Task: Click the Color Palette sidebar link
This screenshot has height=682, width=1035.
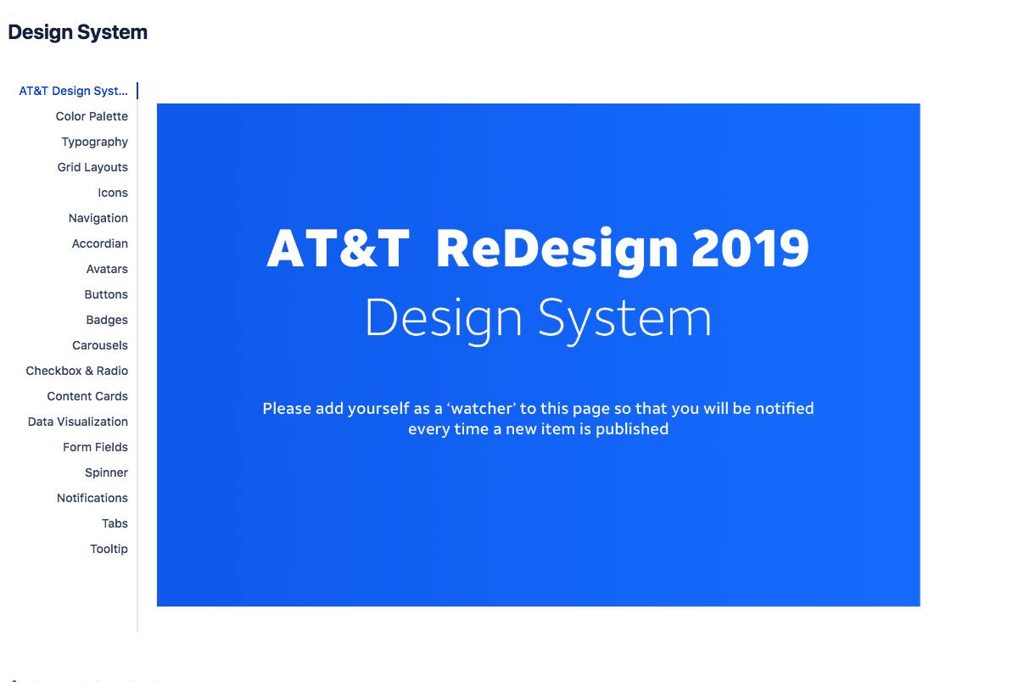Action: pyautogui.click(x=92, y=116)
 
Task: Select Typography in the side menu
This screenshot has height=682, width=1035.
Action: pyautogui.click(x=95, y=142)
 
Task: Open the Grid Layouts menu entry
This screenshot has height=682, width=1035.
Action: pyautogui.click(x=92, y=167)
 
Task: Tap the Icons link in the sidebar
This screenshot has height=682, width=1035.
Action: pyautogui.click(x=113, y=193)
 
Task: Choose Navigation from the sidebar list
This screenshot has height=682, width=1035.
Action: pyautogui.click(x=98, y=218)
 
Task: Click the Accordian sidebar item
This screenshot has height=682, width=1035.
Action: pyautogui.click(x=100, y=243)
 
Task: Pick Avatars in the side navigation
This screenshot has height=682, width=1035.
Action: pyautogui.click(x=107, y=269)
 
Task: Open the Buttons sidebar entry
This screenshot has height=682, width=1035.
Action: pyautogui.click(x=106, y=294)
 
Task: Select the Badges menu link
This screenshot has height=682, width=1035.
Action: pyautogui.click(x=107, y=320)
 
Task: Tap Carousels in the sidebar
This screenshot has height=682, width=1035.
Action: pyautogui.click(x=100, y=345)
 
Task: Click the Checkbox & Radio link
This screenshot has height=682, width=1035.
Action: pyautogui.click(x=76, y=371)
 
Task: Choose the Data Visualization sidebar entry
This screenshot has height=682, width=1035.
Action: pyautogui.click(x=78, y=422)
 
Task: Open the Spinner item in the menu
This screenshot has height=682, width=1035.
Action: pyautogui.click(x=106, y=472)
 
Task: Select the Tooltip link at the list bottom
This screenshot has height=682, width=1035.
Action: pyautogui.click(x=109, y=549)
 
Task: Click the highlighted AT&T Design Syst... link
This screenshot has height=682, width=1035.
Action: pyautogui.click(x=73, y=91)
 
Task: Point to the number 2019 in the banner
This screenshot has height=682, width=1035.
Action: pyautogui.click(x=750, y=249)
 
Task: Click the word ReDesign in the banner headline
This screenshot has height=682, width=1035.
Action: pyautogui.click(x=557, y=252)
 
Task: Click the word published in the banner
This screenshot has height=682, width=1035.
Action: pyautogui.click(x=632, y=429)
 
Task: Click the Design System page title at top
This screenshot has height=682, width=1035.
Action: pyautogui.click(x=78, y=32)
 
